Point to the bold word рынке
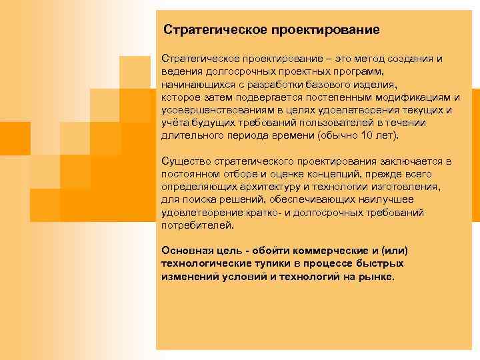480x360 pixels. (x=378, y=276)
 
